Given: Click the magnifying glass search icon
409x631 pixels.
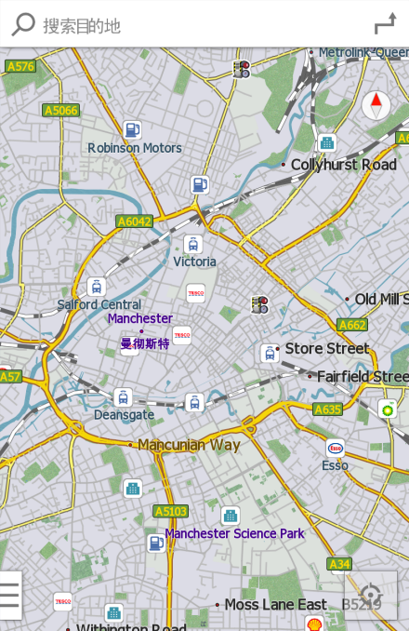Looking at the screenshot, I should tap(22, 25).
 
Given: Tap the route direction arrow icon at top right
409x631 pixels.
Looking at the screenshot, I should tap(385, 25).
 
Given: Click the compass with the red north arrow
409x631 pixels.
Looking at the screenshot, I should tap(376, 104).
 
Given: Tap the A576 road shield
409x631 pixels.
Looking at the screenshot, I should tap(20, 66).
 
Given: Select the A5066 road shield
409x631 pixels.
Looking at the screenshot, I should tap(60, 110).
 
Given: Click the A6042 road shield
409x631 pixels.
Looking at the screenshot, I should tap(134, 222).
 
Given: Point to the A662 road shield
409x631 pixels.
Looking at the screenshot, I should tap(352, 325).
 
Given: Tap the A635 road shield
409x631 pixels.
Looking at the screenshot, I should tap(327, 409).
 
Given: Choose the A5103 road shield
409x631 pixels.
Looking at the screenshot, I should tap(171, 511).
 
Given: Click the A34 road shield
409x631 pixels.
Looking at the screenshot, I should tap(339, 564).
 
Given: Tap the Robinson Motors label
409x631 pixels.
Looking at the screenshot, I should tap(135, 148).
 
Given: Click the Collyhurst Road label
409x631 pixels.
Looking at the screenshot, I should tap(343, 165).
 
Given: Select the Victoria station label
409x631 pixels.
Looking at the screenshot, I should tap(194, 262).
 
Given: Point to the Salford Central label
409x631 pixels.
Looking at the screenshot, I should tap(99, 304).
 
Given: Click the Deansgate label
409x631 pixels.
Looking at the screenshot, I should tap(124, 415).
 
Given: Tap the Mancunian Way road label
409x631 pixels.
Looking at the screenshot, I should tap(189, 445).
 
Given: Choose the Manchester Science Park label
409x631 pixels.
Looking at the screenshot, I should tap(234, 533).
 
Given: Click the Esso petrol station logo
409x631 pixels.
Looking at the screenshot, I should tap(336, 448).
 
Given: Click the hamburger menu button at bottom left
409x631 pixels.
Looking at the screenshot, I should tap(9, 595).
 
